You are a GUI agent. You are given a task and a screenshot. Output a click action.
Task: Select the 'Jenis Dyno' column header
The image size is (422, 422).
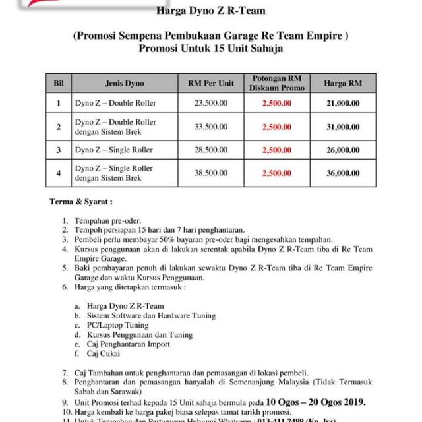124,84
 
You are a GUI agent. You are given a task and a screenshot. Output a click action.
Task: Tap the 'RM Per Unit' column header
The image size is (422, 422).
212,84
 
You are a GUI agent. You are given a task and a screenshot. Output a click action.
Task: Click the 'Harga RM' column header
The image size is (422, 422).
344,84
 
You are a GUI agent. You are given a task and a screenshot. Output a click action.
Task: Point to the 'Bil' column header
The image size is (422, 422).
58,84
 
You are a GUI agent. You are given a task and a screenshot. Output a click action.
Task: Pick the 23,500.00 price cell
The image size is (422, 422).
212,103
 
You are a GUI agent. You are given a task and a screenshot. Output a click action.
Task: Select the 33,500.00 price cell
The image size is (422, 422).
212,127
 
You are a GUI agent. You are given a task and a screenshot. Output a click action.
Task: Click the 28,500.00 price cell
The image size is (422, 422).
212,150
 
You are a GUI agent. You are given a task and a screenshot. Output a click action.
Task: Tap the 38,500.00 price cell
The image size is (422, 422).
212,173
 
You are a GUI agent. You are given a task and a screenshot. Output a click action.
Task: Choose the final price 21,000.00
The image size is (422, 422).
344,103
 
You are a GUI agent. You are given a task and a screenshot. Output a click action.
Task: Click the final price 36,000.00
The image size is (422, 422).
344,173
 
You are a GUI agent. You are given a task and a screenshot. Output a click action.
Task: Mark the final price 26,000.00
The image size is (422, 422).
344,150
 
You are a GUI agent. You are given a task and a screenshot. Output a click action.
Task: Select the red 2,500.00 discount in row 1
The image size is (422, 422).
277,103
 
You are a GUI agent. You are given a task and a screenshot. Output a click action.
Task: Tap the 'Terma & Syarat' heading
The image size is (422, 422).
82,200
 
